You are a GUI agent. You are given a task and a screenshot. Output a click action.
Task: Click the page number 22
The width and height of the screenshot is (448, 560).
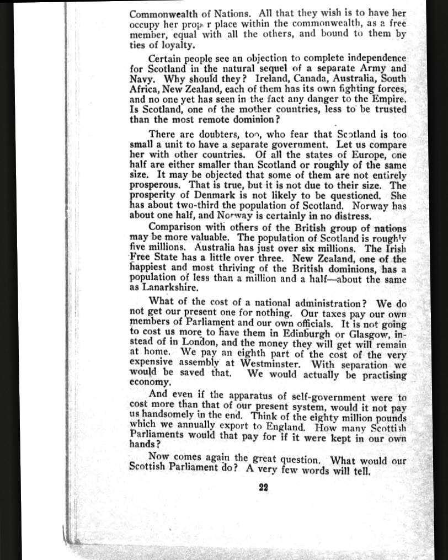263,487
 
